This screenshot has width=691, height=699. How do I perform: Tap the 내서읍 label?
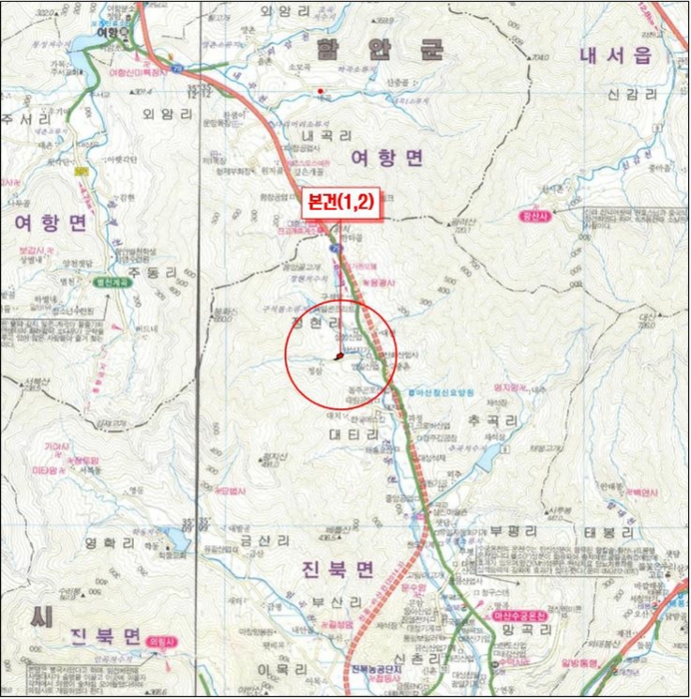615,56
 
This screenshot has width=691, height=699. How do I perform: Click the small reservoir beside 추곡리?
488,458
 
